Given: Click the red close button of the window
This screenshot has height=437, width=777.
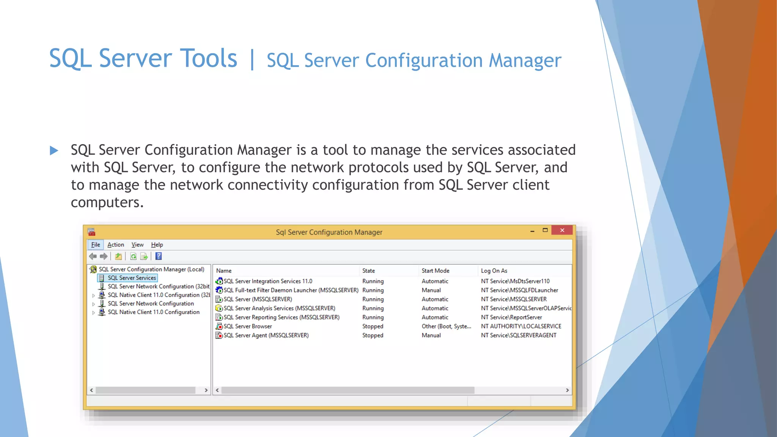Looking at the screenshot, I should click(x=562, y=230).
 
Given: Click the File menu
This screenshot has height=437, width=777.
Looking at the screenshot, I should click(x=96, y=245).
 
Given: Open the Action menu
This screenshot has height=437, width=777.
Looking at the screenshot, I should click(x=116, y=245).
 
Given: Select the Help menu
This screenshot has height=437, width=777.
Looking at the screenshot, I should click(x=157, y=245).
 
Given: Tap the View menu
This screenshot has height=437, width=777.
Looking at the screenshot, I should click(x=137, y=245).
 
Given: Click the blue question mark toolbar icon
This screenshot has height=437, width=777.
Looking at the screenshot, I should click(x=159, y=256).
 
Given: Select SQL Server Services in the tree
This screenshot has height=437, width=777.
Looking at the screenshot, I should click(x=132, y=278).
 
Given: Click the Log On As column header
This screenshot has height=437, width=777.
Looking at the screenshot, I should click(x=494, y=270).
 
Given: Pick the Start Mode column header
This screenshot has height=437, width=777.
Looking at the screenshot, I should click(x=436, y=270).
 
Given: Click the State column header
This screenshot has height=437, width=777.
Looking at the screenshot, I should click(x=368, y=270).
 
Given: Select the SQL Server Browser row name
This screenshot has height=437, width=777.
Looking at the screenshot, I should click(x=248, y=326).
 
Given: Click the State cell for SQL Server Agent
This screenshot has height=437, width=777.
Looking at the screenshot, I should click(x=373, y=335).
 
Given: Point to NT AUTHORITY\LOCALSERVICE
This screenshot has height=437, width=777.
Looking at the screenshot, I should click(x=521, y=326).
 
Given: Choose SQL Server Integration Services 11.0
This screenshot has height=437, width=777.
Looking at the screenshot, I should click(x=268, y=281).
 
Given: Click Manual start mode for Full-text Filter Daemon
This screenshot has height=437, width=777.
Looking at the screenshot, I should click(x=431, y=290).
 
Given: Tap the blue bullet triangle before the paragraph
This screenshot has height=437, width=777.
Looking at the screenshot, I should click(x=54, y=151).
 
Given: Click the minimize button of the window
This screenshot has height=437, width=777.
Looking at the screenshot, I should click(x=532, y=231).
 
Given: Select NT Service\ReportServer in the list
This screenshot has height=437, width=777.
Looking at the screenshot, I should click(x=511, y=317).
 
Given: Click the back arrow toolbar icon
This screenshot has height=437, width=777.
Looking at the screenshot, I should click(x=93, y=256).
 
